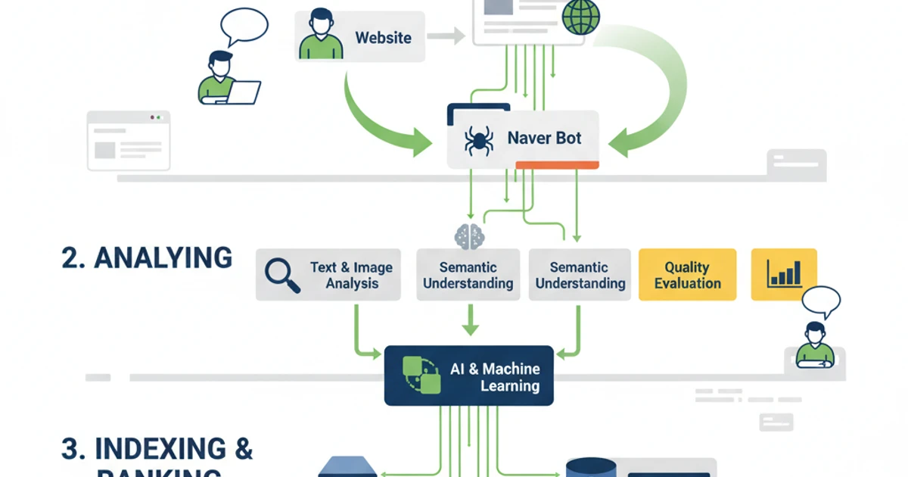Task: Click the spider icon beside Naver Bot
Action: click(x=478, y=140)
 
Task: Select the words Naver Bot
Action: click(x=545, y=139)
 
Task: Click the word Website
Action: click(x=383, y=37)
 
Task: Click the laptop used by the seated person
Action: click(x=244, y=92)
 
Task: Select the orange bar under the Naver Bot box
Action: click(x=557, y=164)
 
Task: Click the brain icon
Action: click(x=469, y=236)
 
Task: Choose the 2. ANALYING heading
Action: click(x=147, y=257)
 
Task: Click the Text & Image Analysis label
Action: click(x=351, y=276)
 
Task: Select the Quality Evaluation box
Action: click(x=687, y=275)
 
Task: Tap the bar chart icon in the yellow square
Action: click(x=783, y=273)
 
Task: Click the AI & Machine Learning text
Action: click(x=495, y=377)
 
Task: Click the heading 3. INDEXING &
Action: click(x=157, y=448)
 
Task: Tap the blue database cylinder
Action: click(x=590, y=467)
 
